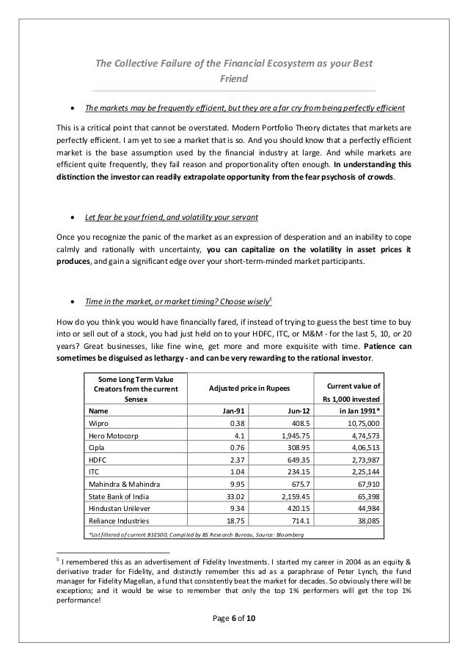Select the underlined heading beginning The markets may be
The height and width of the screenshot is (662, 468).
[x=245, y=109]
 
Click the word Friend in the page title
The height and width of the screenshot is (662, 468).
[x=233, y=78]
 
